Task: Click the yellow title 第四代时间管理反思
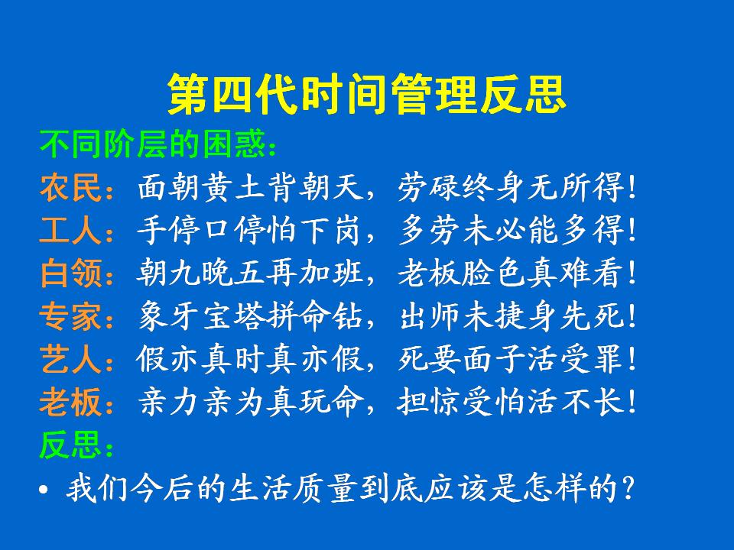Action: click(x=367, y=94)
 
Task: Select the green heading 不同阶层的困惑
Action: click(x=153, y=144)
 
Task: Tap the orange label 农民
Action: click(x=70, y=188)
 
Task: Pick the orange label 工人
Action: click(x=70, y=230)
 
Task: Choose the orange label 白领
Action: click(x=70, y=273)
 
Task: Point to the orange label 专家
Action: click(x=70, y=316)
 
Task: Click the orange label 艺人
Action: click(x=70, y=359)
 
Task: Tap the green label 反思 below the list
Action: click(x=70, y=445)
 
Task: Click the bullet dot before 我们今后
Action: click(x=44, y=490)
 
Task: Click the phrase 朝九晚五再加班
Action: click(x=250, y=273)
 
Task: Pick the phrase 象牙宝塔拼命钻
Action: click(x=251, y=316)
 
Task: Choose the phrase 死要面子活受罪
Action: click(x=511, y=359)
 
